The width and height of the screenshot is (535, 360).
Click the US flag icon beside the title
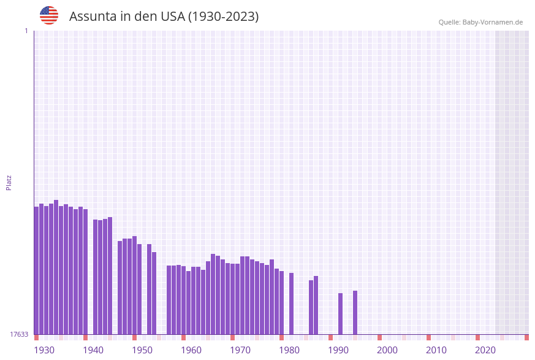click(49, 15)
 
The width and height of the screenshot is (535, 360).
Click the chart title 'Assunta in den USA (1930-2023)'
click(164, 17)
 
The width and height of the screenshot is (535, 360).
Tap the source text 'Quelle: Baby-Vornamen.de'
click(480, 22)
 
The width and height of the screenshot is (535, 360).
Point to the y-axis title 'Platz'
click(9, 182)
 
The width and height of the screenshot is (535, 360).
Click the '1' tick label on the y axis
click(26, 31)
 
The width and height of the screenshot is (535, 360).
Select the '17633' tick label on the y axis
click(19, 334)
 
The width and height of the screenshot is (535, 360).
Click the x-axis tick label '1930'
click(44, 350)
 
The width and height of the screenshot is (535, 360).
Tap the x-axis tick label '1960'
click(191, 350)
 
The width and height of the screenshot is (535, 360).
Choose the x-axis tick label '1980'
click(289, 350)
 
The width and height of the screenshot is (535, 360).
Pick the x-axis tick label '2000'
click(387, 350)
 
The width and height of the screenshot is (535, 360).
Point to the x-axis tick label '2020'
click(485, 350)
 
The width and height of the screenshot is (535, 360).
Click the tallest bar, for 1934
click(56, 267)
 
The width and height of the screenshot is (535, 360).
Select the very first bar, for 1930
click(37, 270)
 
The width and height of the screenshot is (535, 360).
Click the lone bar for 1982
click(292, 304)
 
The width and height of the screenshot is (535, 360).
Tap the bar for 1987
click(316, 305)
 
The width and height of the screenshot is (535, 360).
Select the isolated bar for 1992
click(341, 313)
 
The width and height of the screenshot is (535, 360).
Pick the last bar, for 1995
click(355, 312)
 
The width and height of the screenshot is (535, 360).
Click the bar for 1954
click(154, 293)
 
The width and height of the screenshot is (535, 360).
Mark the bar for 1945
click(110, 275)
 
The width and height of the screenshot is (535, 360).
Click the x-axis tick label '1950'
click(142, 350)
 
